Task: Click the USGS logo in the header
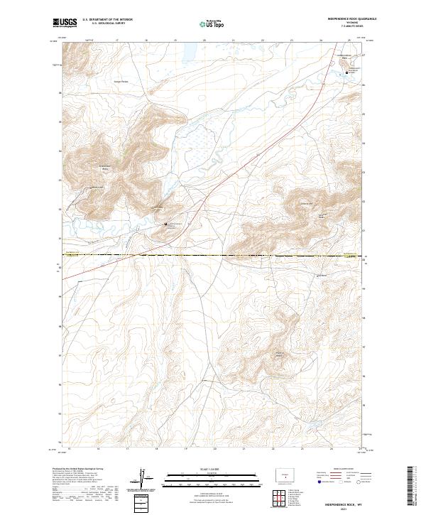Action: point(65,23)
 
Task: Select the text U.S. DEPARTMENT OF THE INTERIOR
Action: point(107,20)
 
